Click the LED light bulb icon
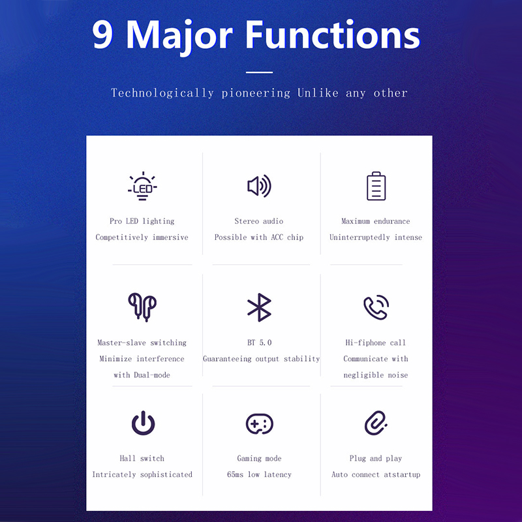(x=142, y=186)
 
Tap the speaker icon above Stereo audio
(x=259, y=186)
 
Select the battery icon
(x=376, y=186)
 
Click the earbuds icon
(x=142, y=307)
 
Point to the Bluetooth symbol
(x=259, y=307)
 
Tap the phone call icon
(x=376, y=307)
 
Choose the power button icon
(x=143, y=423)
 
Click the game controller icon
(x=260, y=423)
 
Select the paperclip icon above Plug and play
(x=376, y=423)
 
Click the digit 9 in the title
(x=103, y=35)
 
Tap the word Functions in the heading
(x=333, y=35)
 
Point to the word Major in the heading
(x=179, y=37)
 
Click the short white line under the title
(x=259, y=72)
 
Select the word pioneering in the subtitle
(x=256, y=93)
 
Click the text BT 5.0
(x=259, y=343)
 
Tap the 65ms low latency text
(x=259, y=474)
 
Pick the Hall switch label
(x=142, y=459)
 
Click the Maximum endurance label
(x=376, y=221)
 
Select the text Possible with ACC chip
(x=259, y=237)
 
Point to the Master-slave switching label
(x=142, y=343)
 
